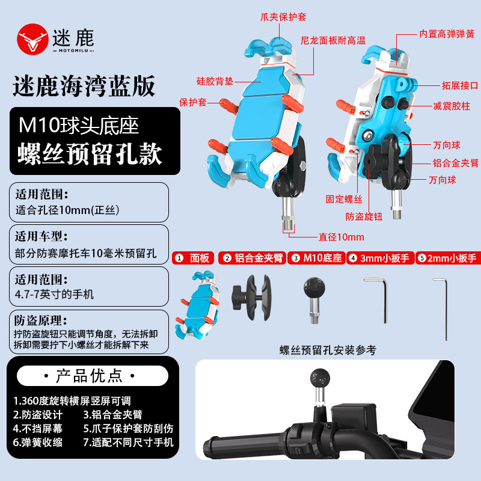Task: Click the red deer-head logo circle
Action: point(32,39)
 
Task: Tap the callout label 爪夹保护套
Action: point(283,17)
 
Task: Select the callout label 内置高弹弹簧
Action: point(447,34)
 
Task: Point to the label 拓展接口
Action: point(460,85)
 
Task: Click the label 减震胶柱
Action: point(452,106)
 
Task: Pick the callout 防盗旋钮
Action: point(364,216)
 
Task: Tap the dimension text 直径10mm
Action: point(342,237)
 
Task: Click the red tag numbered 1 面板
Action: point(193,258)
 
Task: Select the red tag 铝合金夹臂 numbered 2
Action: point(252,258)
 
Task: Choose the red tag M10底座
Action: point(317,258)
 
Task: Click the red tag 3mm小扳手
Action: point(381,258)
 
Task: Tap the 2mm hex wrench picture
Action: point(444,309)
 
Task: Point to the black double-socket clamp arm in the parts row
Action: point(251,298)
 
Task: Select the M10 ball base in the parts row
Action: point(314,300)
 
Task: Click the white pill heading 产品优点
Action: point(93,376)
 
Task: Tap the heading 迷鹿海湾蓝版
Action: point(84,86)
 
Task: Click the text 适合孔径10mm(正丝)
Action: point(67,210)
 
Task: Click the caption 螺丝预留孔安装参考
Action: point(328,350)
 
